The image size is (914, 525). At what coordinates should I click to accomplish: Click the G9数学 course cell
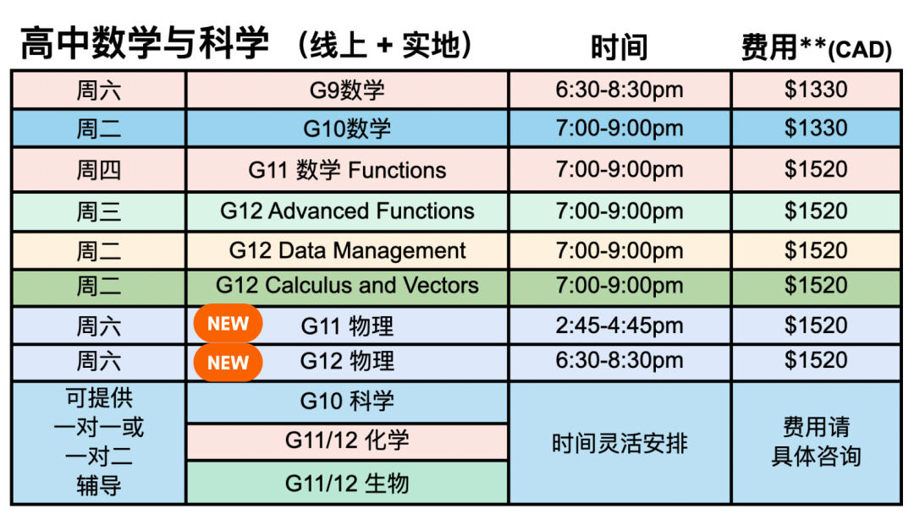point(347,90)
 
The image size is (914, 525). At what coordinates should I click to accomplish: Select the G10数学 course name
point(347,129)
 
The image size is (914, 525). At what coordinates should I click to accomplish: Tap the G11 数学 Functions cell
point(347,170)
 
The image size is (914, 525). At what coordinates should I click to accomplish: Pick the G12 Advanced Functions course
point(347,211)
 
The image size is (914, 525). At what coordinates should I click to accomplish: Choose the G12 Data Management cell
point(347,251)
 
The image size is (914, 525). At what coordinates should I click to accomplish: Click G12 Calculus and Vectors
point(347,286)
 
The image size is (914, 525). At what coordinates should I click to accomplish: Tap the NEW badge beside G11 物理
point(228,324)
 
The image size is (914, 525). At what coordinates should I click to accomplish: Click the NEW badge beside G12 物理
point(228,363)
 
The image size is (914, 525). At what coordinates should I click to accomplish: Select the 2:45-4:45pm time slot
point(619,325)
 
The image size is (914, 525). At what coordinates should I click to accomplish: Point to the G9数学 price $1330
point(816,90)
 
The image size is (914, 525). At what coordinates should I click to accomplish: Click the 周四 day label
point(98,170)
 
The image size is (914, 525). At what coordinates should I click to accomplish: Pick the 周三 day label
point(98,211)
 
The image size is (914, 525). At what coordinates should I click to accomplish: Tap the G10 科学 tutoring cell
point(347,401)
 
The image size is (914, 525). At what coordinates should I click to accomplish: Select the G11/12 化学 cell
point(347,440)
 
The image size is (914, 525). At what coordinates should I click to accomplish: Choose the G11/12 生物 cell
point(347,483)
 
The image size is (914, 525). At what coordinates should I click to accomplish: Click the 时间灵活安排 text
point(619,444)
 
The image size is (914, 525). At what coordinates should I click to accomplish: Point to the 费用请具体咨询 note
point(816,442)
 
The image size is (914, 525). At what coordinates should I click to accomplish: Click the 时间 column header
point(619,47)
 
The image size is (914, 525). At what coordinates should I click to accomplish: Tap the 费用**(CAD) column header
point(816,47)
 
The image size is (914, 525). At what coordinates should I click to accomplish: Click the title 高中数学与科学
point(145,43)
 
